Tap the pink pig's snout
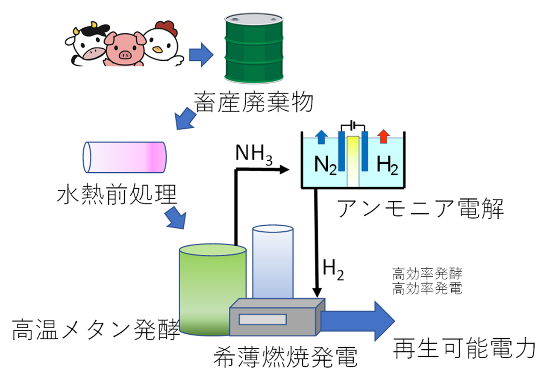pos(125,55)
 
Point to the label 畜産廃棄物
pos(254,103)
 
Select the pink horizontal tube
pos(124,157)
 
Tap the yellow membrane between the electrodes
pos(353,160)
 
